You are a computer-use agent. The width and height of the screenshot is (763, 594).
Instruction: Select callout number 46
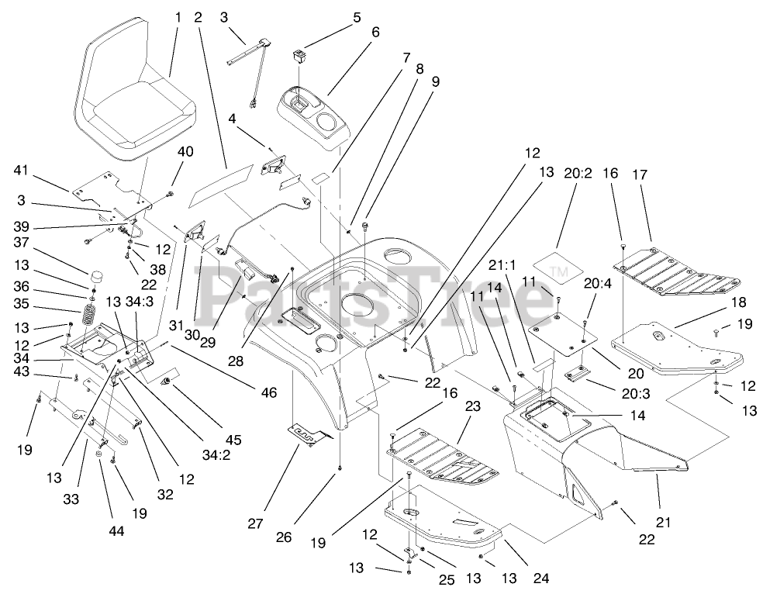(268, 393)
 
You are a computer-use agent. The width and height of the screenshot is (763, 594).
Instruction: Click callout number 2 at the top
(199, 16)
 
